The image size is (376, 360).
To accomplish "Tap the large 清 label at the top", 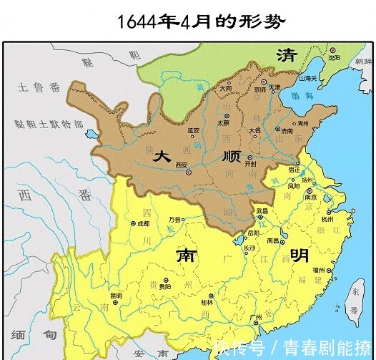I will [x=287, y=55].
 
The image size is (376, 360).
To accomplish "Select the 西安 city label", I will [x=184, y=165].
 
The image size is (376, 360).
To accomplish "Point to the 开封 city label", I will [x=249, y=162].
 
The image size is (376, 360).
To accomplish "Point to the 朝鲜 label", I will [x=365, y=62].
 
